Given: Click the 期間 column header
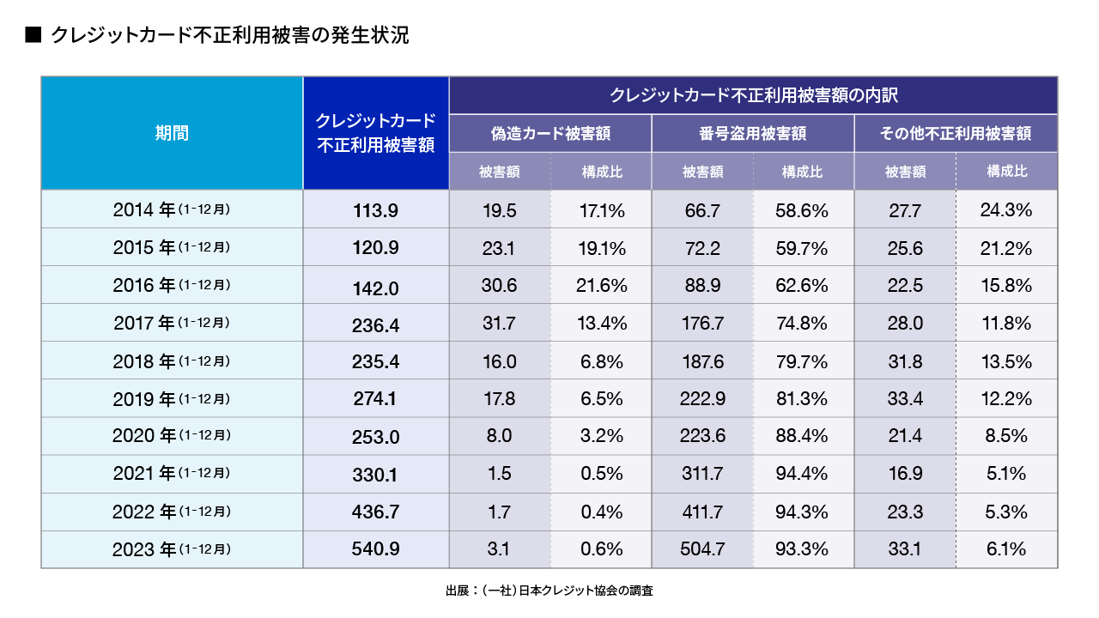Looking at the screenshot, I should coord(172,133).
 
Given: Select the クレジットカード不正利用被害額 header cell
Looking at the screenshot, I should coord(375,133).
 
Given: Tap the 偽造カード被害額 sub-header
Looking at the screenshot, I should coord(549,133).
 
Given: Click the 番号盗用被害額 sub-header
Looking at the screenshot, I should coord(752,133).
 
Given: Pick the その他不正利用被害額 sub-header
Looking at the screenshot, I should coord(956,133).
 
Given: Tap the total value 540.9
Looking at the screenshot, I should coord(375,549).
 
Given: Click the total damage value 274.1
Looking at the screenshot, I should coord(375,398).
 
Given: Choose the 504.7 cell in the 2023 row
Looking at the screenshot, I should coord(702,549).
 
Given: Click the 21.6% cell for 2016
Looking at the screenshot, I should coord(600,285).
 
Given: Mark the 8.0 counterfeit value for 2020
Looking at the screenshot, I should coord(499,436).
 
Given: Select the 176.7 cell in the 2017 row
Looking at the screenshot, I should coord(702,323).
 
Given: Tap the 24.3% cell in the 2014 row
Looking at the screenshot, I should coord(1006,209).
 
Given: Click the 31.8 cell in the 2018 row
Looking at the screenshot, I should coord(905,360).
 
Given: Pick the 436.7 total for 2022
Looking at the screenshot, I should coord(375,512).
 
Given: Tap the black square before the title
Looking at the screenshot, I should coord(33,36).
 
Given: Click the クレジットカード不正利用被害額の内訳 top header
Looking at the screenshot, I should coord(752,94).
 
